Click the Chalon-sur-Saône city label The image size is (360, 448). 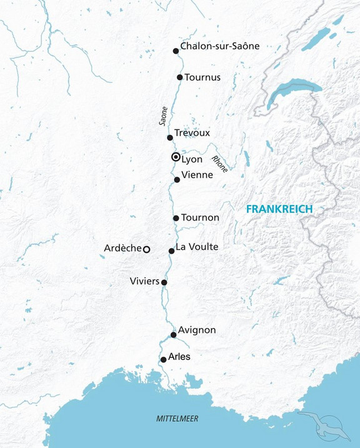click(219, 46)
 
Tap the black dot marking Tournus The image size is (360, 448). click(180, 77)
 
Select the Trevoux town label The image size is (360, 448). click(192, 133)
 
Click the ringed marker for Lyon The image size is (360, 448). click(176, 157)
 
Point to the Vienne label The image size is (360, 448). click(197, 176)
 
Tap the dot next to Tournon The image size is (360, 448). click(176, 218)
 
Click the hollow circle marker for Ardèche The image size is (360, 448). click(146, 249)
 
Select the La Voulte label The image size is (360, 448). click(197, 247)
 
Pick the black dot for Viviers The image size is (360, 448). click(164, 282)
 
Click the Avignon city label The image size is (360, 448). click(197, 330)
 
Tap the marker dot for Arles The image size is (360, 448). click(164, 359)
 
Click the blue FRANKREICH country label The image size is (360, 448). click(279, 209)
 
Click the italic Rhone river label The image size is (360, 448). click(220, 163)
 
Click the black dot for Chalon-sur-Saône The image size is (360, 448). click(176, 51)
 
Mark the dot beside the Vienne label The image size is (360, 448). click(177, 180)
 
